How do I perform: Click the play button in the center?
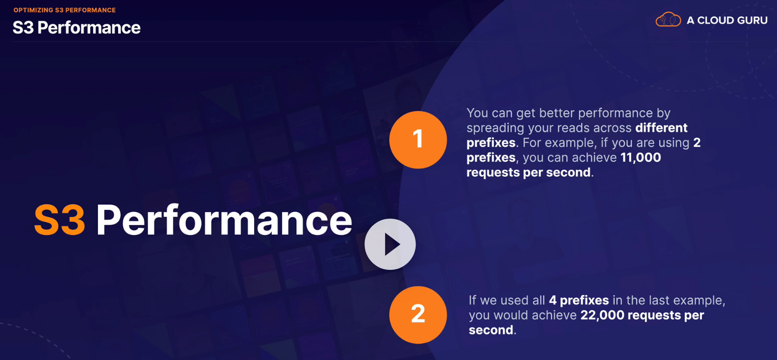[x=390, y=244]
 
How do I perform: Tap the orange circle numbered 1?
[x=418, y=140]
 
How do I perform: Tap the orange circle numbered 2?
[x=418, y=315]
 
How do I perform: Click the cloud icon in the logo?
[x=668, y=19]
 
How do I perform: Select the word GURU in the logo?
[x=752, y=21]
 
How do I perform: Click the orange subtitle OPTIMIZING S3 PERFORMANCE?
[x=65, y=10]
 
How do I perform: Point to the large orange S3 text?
[x=60, y=220]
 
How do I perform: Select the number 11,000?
[x=640, y=158]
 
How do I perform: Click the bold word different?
[x=661, y=128]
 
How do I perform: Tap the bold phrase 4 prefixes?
[x=579, y=300]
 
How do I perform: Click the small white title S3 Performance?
[x=77, y=28]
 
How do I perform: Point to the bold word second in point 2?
[x=491, y=330]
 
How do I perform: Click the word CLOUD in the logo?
[x=715, y=21]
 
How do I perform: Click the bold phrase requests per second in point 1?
[x=528, y=172]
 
